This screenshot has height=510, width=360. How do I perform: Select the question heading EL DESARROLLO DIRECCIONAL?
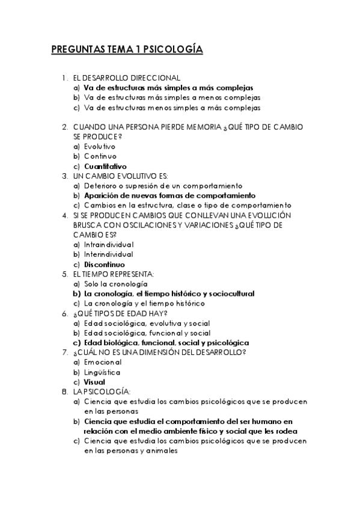tap(126, 78)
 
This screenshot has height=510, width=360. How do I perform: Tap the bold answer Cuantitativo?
tap(105, 166)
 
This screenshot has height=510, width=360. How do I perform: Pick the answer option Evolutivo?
tap(100, 146)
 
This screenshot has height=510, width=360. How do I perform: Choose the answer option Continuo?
tap(100, 156)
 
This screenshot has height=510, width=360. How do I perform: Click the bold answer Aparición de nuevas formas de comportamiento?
tap(169, 195)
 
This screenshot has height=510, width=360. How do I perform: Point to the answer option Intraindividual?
tap(109, 244)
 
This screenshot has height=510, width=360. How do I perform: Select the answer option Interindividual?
tap(109, 254)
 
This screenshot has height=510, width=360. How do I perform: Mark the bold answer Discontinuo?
tap(105, 264)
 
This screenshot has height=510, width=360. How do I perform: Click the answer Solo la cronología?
tap(116, 283)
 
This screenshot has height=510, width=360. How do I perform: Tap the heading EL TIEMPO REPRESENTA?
tap(114, 274)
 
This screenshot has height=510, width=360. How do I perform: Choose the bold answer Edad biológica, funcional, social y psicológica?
tap(166, 342)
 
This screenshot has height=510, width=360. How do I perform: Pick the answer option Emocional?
tap(103, 362)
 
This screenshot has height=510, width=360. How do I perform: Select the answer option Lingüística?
tap(102, 372)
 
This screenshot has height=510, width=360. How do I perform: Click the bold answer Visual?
tap(95, 381)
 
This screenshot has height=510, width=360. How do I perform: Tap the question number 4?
tap(64, 215)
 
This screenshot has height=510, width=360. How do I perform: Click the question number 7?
tap(64, 352)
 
